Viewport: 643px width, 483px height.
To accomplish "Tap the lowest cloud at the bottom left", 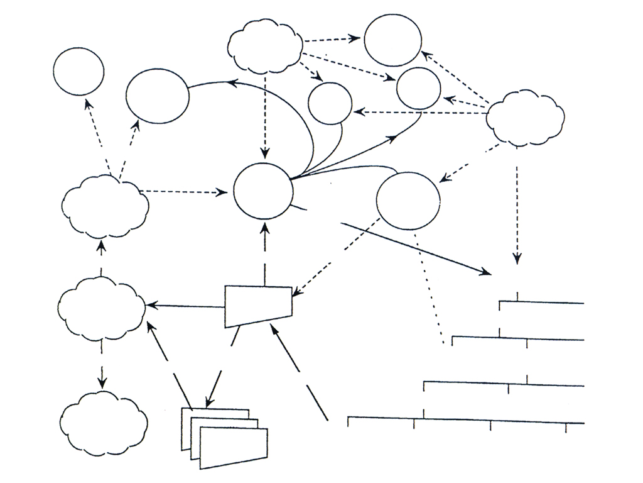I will (104, 422).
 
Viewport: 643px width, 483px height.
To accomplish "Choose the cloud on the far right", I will (525, 118).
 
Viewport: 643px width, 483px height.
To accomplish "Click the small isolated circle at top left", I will (78, 70).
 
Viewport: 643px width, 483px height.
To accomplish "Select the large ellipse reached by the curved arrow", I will (157, 96).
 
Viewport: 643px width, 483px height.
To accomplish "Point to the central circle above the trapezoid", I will (262, 191).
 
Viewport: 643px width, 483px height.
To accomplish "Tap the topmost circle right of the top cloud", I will (392, 39).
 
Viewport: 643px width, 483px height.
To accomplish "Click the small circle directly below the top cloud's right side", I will (330, 103).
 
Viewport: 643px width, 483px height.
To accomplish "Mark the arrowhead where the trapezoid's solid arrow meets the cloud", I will (151, 306).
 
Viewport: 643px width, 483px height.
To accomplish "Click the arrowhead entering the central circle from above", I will (265, 154).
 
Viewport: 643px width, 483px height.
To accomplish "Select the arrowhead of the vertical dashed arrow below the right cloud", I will (517, 258).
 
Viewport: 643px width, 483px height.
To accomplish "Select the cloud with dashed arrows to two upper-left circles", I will (105, 205).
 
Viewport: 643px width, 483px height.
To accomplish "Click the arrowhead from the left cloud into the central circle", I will (225, 192).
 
